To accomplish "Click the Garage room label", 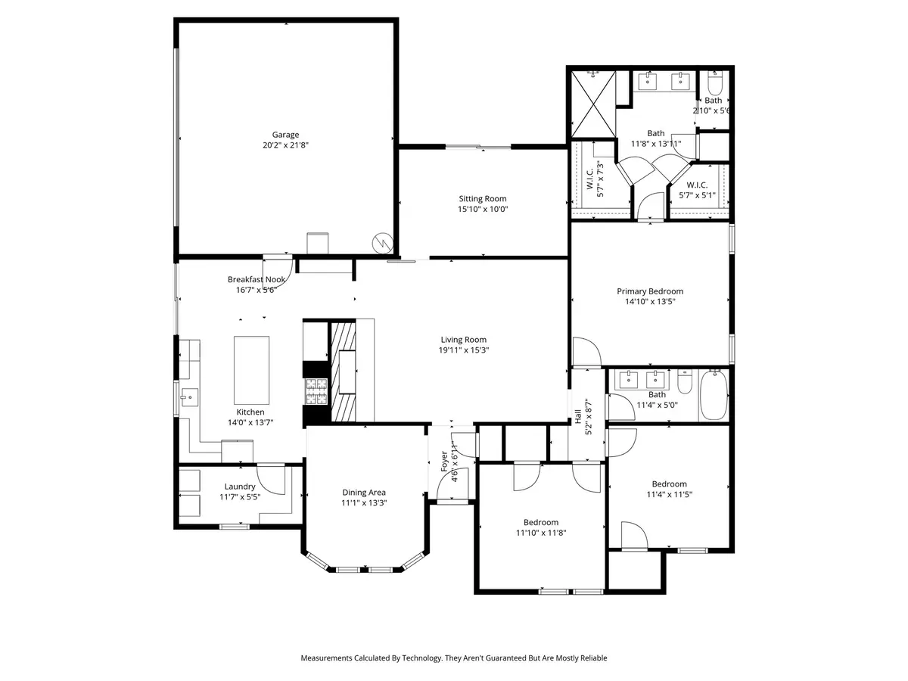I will coord(285,135).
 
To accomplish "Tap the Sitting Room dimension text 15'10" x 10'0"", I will coord(482,210).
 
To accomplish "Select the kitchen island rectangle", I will coord(252,371).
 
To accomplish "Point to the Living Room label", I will coord(463,340).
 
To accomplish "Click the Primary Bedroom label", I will coord(649,291).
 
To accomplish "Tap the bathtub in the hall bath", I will coord(714,393).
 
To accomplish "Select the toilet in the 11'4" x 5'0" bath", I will coord(684,382).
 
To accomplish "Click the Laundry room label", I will coord(240,487).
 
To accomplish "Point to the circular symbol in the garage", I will coord(383,243).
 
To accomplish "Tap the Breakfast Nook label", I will coord(257,279).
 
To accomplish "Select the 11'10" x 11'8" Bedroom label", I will coord(540,522).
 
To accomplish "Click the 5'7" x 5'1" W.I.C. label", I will coord(696,185).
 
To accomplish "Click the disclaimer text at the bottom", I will coord(454,658).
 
